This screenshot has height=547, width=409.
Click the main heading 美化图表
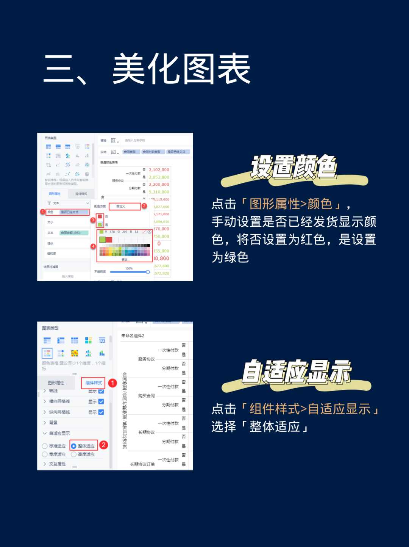click(x=182, y=69)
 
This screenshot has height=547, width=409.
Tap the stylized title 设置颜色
click(x=294, y=167)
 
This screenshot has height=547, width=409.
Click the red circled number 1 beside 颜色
click(x=43, y=212)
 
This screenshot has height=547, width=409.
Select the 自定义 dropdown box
click(x=125, y=206)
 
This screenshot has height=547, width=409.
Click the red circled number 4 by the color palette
click(x=93, y=246)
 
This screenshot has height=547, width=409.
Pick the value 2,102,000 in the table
click(x=159, y=170)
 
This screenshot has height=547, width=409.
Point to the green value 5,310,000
click(x=159, y=192)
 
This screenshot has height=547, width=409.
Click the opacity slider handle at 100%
click(x=148, y=272)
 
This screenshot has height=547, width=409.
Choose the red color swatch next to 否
click(x=100, y=216)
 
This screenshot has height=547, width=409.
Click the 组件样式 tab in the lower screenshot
click(x=94, y=383)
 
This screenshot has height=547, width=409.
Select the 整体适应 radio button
click(x=74, y=446)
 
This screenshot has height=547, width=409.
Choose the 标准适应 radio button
click(x=45, y=446)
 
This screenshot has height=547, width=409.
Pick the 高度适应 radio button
click(x=74, y=454)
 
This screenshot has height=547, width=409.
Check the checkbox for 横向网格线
click(x=101, y=401)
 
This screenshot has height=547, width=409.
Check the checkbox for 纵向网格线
click(x=101, y=412)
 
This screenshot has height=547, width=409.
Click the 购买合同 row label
click(x=147, y=396)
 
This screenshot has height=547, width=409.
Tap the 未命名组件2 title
click(x=133, y=336)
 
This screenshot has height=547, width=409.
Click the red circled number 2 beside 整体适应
click(x=103, y=445)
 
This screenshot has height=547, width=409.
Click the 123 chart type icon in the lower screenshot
click(x=102, y=340)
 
